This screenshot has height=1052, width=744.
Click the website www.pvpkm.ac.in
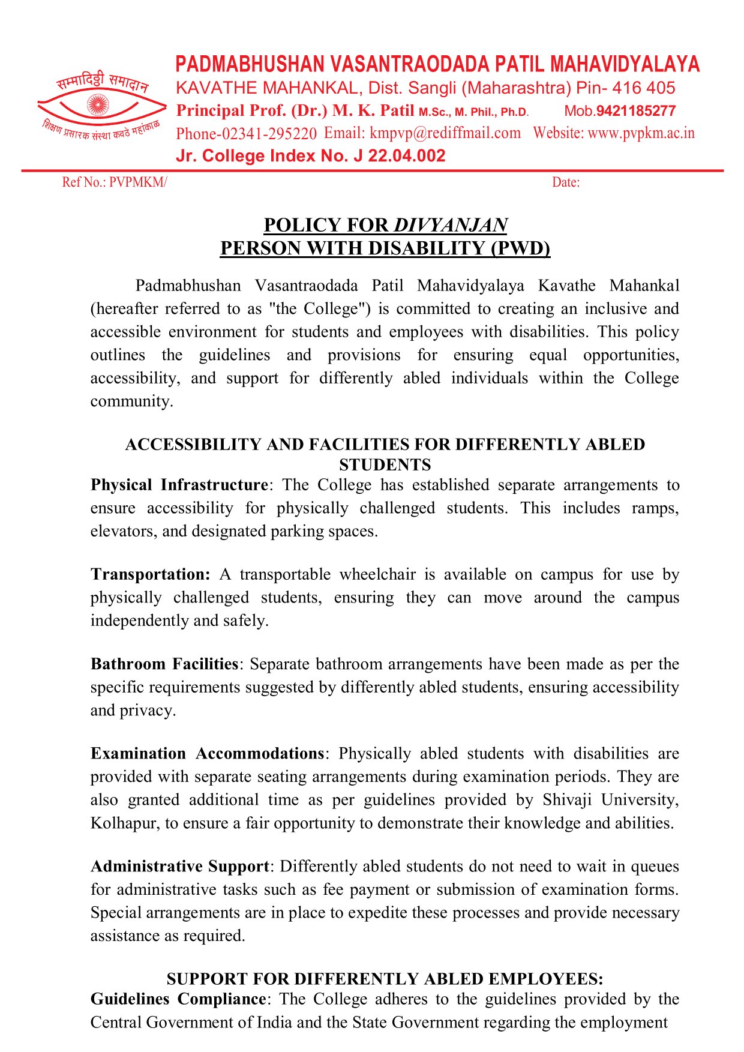pyautogui.click(x=641, y=133)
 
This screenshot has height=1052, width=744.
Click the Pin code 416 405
pyautogui.click(x=644, y=88)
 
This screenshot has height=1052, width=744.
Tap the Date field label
pyautogui.click(x=565, y=182)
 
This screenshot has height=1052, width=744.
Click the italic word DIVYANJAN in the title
pyautogui.click(x=451, y=225)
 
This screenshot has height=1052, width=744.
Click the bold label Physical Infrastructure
pyautogui.click(x=179, y=485)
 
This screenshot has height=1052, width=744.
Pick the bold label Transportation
pyautogui.click(x=150, y=574)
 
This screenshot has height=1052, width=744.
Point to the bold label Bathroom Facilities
pyautogui.click(x=164, y=664)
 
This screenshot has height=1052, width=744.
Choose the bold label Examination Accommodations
pyautogui.click(x=208, y=753)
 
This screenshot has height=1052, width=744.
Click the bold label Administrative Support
pyautogui.click(x=180, y=866)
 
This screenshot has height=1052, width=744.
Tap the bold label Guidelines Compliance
pyautogui.click(x=178, y=999)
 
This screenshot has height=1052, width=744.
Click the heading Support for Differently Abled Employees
pyautogui.click(x=385, y=979)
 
